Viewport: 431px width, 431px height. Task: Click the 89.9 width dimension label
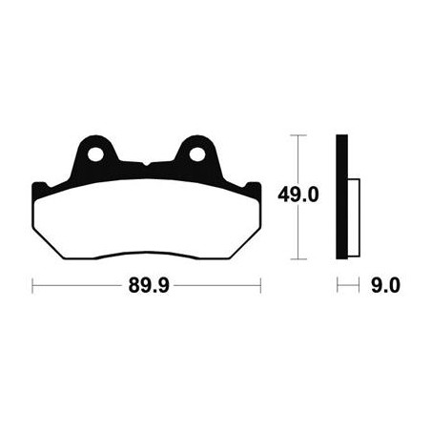coord(149,285)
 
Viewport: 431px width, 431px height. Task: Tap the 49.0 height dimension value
coord(298,195)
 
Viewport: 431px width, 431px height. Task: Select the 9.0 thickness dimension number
coord(385,285)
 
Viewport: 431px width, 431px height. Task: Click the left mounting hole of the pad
coord(95,154)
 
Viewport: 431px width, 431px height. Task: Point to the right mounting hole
coord(197,154)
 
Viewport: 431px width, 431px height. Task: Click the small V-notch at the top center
coord(146,164)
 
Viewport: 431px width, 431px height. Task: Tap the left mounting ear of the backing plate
coord(95,154)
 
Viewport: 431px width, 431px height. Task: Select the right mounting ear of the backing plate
coord(197,154)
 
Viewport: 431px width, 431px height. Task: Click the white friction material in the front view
coord(147,219)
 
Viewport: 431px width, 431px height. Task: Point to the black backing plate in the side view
coord(341,196)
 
